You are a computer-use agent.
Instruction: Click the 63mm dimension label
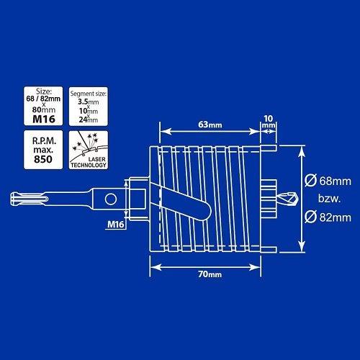pos(210,125)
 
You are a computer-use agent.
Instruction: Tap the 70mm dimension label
pos(210,274)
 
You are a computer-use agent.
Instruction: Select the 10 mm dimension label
pos(269,122)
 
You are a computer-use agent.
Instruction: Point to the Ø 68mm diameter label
pos(328,181)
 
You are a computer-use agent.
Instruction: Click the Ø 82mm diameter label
pos(328,217)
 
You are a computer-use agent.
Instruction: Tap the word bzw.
pos(329,199)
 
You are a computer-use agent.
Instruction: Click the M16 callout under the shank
pos(116,224)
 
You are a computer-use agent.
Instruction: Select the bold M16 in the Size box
pos(44,119)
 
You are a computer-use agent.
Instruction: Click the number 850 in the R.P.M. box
pos(43,159)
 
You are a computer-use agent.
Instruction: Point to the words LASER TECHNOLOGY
pos(89,162)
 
